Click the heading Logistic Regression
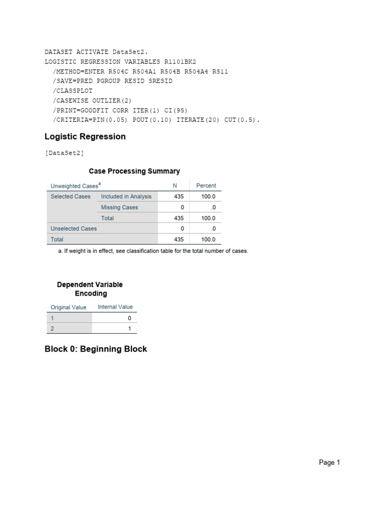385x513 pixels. (85, 137)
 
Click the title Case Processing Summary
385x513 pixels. (134, 171)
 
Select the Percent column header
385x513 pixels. (206, 185)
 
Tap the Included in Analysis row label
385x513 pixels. (126, 196)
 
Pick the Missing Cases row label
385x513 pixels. (119, 207)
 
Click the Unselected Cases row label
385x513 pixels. (74, 228)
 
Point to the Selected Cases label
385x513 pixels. (71, 196)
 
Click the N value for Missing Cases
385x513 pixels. (182, 207)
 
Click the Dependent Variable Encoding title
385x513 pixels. (90, 289)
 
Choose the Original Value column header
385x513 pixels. (69, 307)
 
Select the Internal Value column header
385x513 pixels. (115, 307)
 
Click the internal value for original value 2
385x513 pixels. (129, 329)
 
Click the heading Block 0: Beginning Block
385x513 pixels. (96, 349)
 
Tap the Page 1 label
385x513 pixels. (329, 463)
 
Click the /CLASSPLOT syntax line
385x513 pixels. (72, 91)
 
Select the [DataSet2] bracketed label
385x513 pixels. (64, 153)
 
